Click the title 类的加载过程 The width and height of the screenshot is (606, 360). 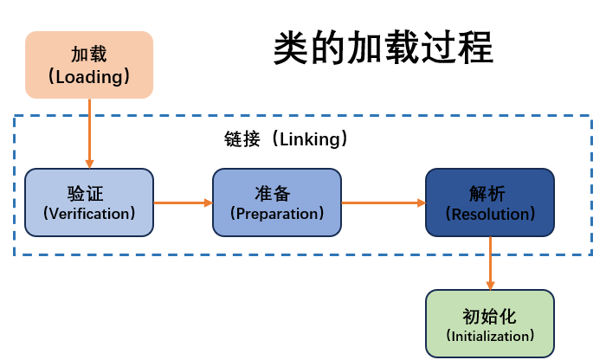(x=384, y=48)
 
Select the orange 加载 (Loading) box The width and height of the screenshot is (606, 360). (x=89, y=64)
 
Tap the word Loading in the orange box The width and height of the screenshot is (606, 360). (x=89, y=76)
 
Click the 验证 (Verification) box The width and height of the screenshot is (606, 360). (x=89, y=202)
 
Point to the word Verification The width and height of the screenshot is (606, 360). (x=89, y=213)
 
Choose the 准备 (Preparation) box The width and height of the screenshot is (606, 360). (x=277, y=202)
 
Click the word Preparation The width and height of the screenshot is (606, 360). (x=277, y=213)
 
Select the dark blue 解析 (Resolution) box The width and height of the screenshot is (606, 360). (x=490, y=202)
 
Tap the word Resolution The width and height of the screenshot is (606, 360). (x=490, y=213)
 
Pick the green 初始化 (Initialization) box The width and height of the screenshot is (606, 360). (x=490, y=325)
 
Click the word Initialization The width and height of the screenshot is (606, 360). (x=490, y=336)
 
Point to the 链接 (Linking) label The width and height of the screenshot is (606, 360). (x=286, y=138)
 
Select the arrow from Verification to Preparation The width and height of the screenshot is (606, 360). (x=183, y=202)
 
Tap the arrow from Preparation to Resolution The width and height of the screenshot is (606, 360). (x=384, y=202)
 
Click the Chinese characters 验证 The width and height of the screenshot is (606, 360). (x=89, y=192)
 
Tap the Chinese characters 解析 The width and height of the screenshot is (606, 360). (x=490, y=192)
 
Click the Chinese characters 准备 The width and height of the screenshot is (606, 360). (x=277, y=192)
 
